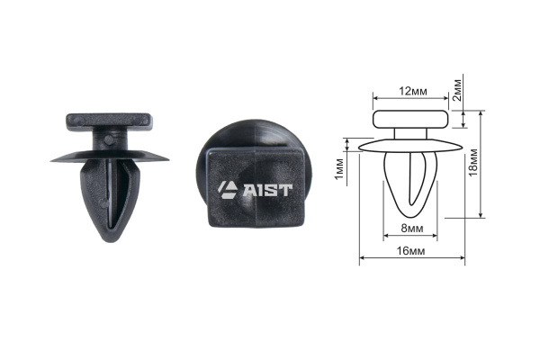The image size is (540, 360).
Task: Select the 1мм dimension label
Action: point(337,167)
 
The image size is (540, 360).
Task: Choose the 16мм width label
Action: point(410,252)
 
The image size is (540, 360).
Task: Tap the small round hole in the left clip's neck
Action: point(108,139)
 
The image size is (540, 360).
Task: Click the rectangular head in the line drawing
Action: point(410,118)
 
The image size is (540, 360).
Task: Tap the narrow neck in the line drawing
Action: point(411,133)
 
